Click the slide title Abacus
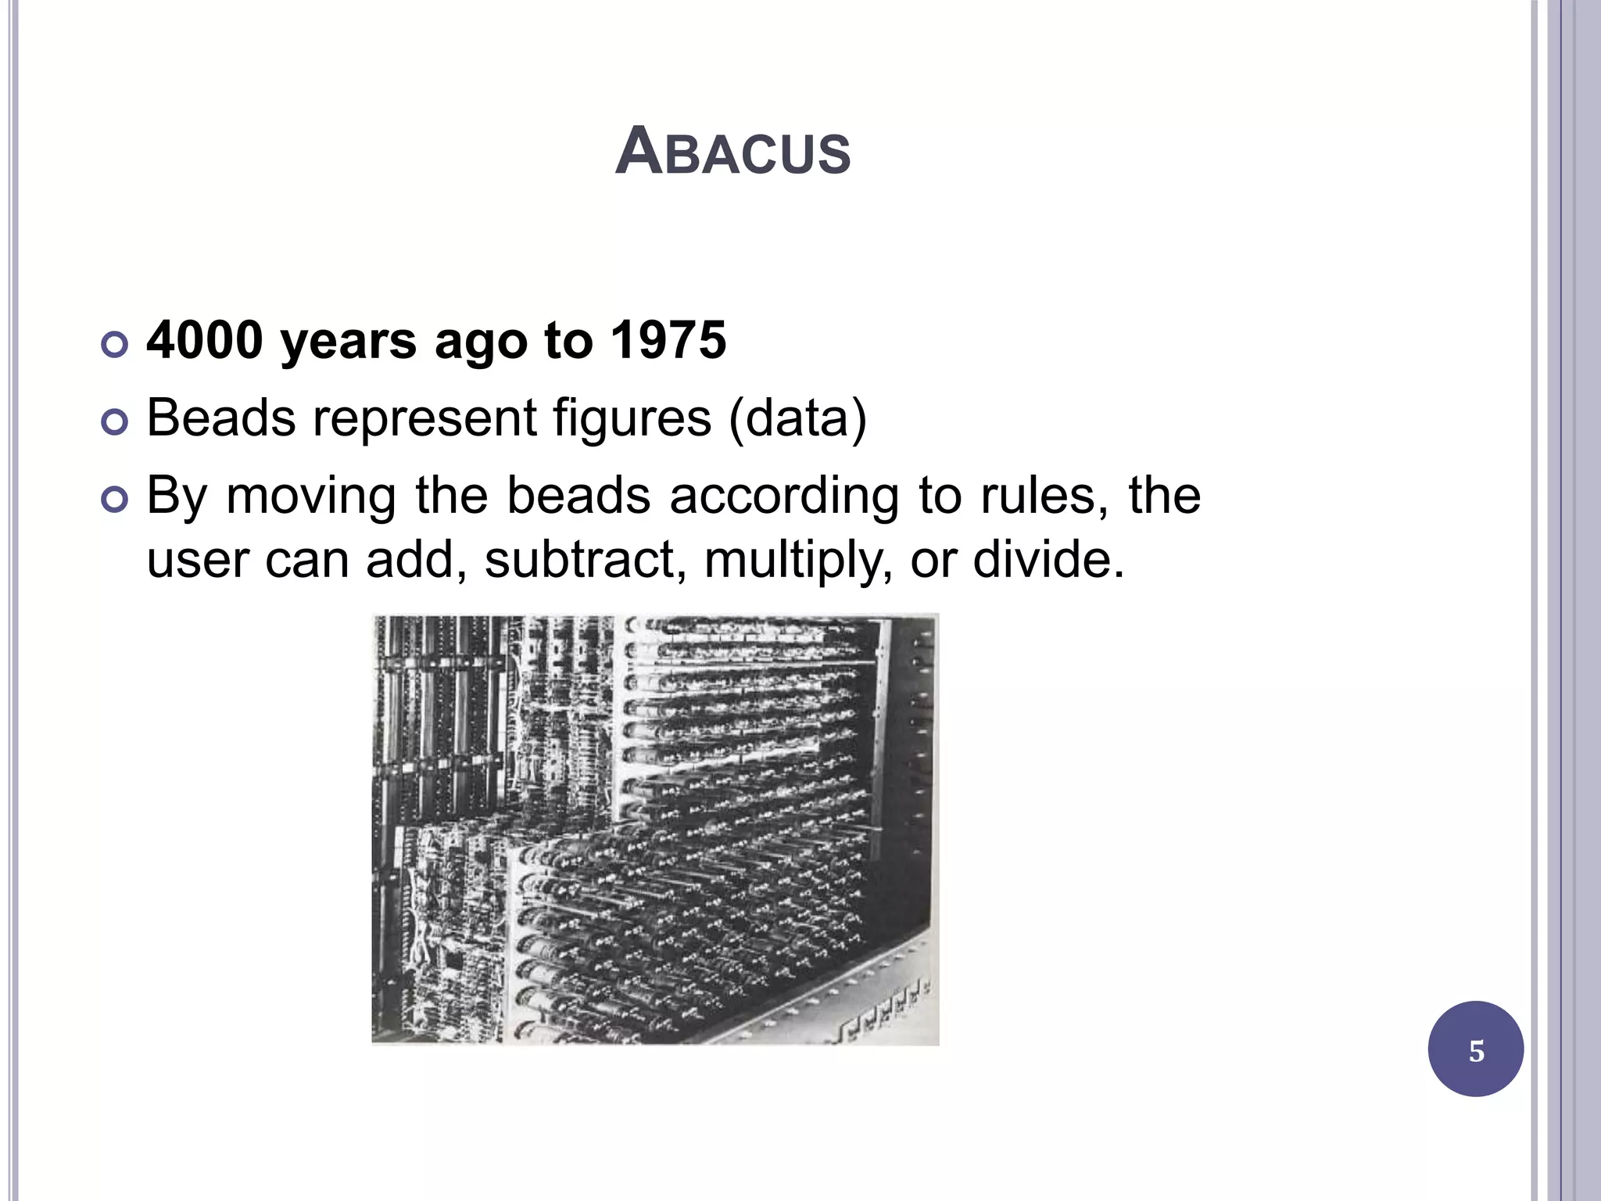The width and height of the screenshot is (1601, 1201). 732,152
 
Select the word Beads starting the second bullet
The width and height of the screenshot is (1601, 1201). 221,418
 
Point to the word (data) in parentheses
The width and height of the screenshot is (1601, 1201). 797,419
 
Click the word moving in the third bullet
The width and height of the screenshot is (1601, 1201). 311,497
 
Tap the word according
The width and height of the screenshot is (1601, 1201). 784,497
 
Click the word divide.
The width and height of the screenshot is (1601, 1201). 1048,560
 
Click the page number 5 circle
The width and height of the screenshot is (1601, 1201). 1475,1049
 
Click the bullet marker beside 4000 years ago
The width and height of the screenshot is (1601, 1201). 115,345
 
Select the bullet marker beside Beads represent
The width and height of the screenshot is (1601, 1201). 115,423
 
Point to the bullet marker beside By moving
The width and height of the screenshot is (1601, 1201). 115,500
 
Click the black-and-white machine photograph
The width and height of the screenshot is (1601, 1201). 655,829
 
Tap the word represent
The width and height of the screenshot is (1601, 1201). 424,419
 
